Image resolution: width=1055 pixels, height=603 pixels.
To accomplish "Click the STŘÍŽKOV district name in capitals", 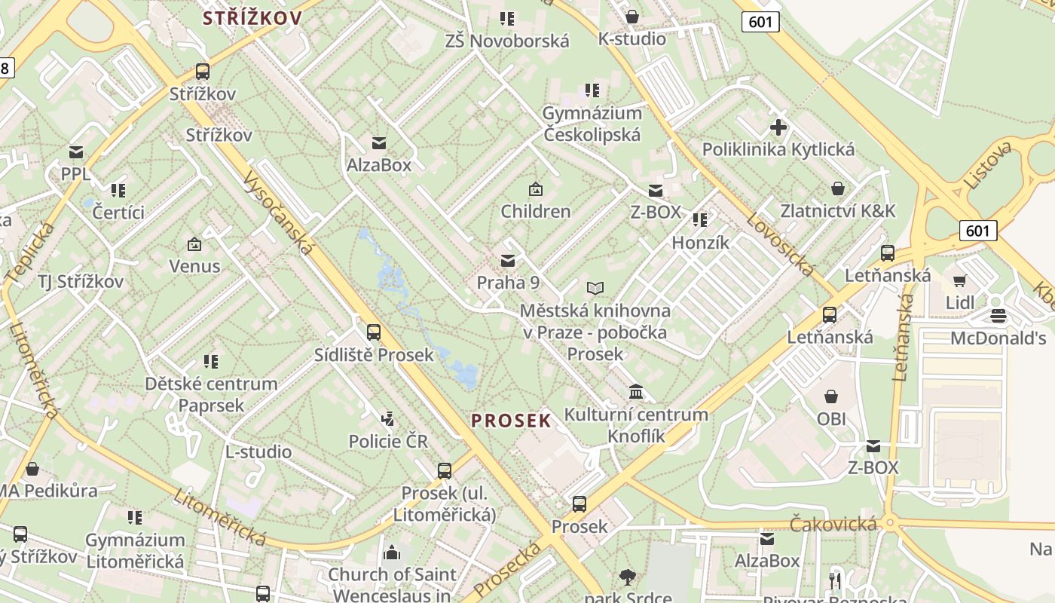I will (252, 18).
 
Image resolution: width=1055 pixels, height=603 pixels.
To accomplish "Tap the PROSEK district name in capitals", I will (512, 421).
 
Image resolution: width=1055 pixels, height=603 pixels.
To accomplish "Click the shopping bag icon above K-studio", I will (632, 17).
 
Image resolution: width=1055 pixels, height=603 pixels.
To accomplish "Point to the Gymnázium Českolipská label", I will (592, 124).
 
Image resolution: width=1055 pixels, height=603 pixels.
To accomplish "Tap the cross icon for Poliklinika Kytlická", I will (778, 127).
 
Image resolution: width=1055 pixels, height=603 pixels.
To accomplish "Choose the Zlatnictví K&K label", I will (838, 210).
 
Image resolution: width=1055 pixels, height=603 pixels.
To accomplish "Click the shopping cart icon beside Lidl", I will (959, 281).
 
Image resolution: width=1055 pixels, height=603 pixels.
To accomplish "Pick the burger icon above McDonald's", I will (998, 315).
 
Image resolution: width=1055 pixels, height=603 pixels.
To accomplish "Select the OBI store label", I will (831, 418).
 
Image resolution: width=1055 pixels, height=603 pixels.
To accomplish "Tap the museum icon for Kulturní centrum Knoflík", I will (636, 392).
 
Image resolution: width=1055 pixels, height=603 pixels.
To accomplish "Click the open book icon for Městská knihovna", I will (595, 288).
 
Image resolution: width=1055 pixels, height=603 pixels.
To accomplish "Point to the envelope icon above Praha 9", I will (508, 261).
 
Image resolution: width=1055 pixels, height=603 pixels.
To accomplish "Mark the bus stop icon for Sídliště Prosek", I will (373, 332).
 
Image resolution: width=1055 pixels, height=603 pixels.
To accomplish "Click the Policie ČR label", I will (388, 441).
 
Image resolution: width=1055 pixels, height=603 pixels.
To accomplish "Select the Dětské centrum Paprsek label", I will (211, 393).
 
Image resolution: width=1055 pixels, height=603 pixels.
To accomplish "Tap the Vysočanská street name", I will (279, 211).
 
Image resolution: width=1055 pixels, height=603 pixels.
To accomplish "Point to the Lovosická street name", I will (780, 243).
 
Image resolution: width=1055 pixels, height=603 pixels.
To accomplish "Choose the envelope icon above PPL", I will (76, 152).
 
